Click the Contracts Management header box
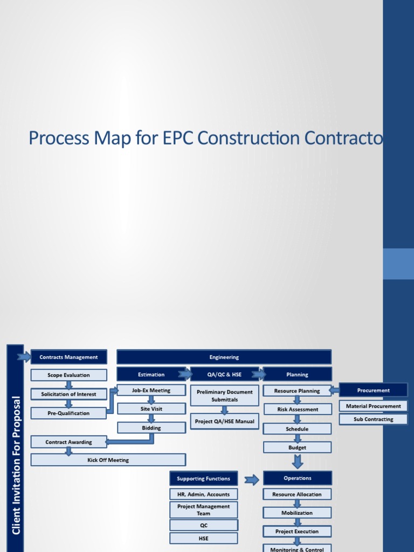[69, 357]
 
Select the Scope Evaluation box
[69, 375]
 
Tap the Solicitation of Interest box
[69, 394]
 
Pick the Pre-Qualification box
[68, 413]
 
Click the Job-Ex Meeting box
[151, 390]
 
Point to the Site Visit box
[151, 409]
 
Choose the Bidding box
[151, 428]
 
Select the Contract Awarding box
[68, 442]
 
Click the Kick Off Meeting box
[108, 460]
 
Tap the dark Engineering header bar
[224, 357]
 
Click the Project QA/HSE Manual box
[224, 421]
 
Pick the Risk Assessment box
[298, 410]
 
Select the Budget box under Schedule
[297, 447]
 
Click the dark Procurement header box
[373, 390]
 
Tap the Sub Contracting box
[373, 419]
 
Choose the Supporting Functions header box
[203, 478]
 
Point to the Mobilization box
[297, 513]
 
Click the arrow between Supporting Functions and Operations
[251, 479]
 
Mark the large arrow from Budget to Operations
[297, 461]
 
